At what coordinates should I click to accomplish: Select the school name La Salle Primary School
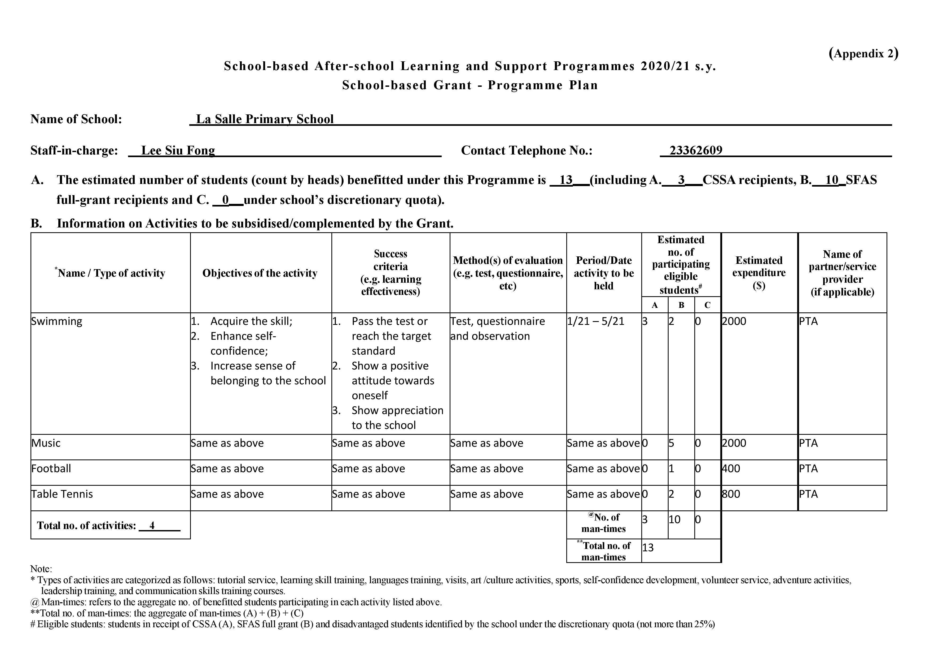coord(265,119)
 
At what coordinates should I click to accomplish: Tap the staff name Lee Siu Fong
coord(178,150)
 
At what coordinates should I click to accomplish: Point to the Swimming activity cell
coord(57,321)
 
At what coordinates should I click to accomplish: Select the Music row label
coord(46,443)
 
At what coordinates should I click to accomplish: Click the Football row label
coord(51,468)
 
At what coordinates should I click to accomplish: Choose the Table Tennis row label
coord(62,494)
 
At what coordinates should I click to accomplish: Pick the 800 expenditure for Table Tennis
coord(731,494)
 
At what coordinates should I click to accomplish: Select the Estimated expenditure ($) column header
coord(759,273)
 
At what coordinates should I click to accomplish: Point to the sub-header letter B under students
coord(681,305)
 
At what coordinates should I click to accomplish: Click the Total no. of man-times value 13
coord(648,548)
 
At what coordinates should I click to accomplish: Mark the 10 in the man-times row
coord(674,519)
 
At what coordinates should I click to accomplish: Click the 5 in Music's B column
coord(671,443)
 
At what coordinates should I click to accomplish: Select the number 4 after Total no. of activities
coord(152,526)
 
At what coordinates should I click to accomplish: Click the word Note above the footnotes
coord(41,569)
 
